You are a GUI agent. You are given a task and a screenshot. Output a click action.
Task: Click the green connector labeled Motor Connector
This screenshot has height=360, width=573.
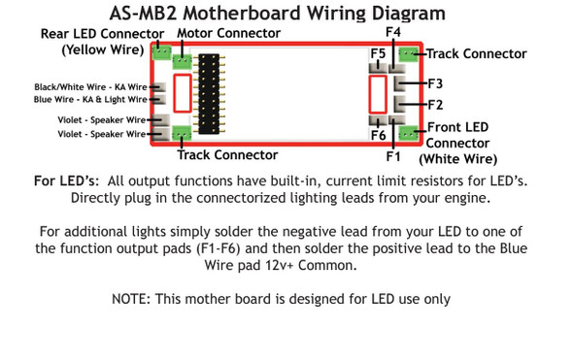pos(183,62)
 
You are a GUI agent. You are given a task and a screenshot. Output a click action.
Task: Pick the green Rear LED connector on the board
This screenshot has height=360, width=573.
pos(161,52)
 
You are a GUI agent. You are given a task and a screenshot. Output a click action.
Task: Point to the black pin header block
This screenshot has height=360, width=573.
pos(209,95)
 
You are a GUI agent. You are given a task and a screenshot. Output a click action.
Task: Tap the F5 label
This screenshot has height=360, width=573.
pos(378,51)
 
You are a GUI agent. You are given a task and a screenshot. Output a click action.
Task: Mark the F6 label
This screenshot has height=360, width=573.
pos(378,136)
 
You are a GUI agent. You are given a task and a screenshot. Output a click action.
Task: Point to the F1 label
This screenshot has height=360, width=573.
pos(393,154)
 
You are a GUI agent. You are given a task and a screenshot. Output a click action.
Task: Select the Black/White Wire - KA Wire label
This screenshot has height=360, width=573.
pos(89,86)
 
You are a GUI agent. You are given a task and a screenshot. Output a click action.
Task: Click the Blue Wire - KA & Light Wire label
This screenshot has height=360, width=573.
pos(89,99)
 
